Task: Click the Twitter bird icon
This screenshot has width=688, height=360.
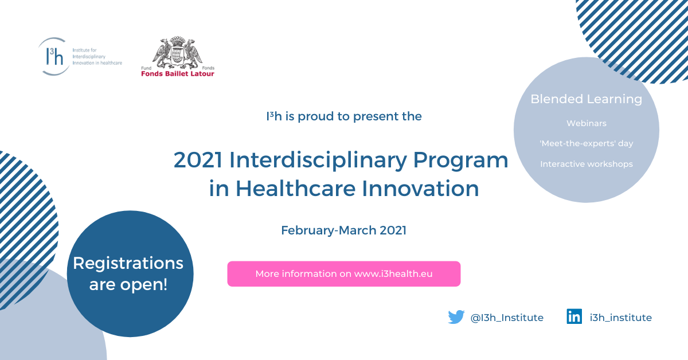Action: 456,317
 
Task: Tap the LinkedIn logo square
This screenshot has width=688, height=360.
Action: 574,316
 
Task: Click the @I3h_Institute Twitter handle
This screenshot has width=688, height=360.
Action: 507,318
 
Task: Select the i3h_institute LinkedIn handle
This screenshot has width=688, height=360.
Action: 621,318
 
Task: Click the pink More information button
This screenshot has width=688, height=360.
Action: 343,273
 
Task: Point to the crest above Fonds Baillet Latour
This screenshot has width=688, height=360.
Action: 178,52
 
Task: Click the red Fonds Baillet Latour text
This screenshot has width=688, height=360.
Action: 178,74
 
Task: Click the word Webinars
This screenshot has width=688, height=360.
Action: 587,123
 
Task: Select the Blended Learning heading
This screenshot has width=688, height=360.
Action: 587,99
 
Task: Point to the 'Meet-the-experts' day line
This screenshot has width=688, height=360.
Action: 587,143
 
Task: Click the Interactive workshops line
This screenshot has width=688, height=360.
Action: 587,164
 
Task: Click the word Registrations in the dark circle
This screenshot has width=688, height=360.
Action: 128,264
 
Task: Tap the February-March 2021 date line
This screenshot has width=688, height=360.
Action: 343,230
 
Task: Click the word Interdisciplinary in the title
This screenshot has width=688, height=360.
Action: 318,161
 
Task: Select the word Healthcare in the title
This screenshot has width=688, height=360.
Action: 295,188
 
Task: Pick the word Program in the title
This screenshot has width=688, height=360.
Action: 460,161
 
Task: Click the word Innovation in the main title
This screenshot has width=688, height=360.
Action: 420,188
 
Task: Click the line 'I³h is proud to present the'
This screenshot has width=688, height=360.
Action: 343,117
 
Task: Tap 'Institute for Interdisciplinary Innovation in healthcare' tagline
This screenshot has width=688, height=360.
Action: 97,57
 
